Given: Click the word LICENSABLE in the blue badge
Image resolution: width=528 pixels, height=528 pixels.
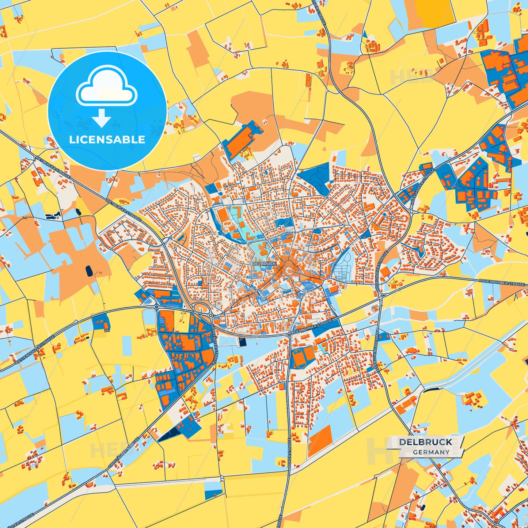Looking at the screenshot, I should [x=107, y=140].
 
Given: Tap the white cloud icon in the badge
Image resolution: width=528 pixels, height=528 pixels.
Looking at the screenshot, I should [x=106, y=86].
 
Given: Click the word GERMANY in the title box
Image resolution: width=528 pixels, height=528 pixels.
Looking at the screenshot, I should [x=431, y=452].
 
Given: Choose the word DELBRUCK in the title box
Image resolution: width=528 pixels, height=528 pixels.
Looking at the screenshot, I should [x=426, y=442].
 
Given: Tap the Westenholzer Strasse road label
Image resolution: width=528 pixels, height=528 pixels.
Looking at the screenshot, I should [x=35, y=350].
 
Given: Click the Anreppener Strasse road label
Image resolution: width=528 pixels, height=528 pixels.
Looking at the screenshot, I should [x=376, y=351].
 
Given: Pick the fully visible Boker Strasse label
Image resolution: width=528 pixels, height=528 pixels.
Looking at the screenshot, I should [x=289, y=453].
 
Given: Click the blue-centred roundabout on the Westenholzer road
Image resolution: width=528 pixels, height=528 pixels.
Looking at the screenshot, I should [x=157, y=307].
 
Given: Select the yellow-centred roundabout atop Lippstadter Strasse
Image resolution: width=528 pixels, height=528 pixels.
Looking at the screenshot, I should [x=211, y=315].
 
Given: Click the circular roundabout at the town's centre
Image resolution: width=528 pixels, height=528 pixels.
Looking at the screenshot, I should [x=289, y=271].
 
